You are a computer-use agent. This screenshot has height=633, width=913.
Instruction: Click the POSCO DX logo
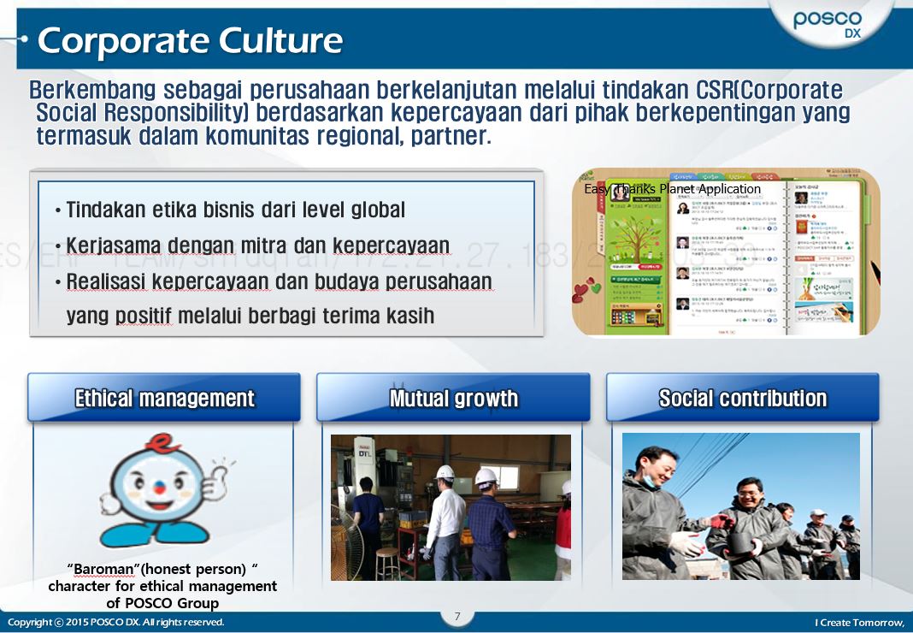827,24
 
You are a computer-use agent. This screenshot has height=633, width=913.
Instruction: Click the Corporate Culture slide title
190,40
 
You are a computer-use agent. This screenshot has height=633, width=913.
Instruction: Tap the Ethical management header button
164,398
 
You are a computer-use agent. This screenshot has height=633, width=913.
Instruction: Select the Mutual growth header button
453,398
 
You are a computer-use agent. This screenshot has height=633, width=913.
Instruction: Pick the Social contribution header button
742,398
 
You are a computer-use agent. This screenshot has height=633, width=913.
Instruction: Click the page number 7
457,616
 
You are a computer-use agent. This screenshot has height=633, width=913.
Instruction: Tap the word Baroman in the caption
97,569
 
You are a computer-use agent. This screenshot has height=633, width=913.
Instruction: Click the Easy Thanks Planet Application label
672,189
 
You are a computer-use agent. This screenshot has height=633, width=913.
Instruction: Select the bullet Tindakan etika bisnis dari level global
235,210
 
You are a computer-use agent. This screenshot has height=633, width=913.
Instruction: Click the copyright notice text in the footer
115,622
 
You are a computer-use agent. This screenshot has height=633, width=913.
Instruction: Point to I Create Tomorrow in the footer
858,622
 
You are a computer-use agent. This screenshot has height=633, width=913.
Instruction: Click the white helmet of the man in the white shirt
445,472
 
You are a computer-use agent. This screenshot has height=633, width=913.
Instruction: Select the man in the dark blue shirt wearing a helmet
490,522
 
